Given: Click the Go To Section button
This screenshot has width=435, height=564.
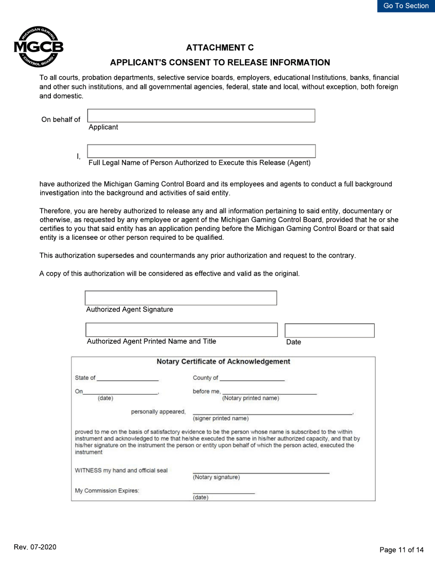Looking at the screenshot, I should coord(406,6).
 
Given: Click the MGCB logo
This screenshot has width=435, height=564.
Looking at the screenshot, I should coord(38,47).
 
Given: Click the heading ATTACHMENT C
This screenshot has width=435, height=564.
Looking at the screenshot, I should coord(220,48).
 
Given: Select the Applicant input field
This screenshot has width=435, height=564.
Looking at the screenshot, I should coord(201,116).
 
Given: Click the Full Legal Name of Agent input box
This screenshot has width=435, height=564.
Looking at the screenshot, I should coord(201,151).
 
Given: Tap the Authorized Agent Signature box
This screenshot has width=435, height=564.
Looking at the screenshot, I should coord(181,298).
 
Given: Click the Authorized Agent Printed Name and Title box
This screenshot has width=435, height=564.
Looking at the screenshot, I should coord(182,330).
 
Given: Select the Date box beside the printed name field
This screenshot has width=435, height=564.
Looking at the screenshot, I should coord(330,331).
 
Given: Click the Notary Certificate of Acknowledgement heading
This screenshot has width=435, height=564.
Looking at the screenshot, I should coord(223,362).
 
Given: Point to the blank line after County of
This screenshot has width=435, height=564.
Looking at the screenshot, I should coord(252,378).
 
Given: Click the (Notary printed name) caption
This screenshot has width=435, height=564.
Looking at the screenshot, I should coord(250,398).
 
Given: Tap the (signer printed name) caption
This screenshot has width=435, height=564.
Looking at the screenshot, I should coord(221,418).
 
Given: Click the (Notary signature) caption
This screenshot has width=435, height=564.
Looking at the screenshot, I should coord(216,477).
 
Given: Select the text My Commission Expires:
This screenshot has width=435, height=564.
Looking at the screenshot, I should coord(107,490).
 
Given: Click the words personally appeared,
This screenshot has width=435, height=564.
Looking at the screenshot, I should coord(158,411).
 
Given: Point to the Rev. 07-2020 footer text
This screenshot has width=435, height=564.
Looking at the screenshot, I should coord(35,548).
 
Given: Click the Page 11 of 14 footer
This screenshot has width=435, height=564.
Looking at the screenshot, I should coord(402,550).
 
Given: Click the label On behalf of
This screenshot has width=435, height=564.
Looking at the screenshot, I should coord(61,120).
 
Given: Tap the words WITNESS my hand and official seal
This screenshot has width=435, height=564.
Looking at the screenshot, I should coord(121,470).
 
